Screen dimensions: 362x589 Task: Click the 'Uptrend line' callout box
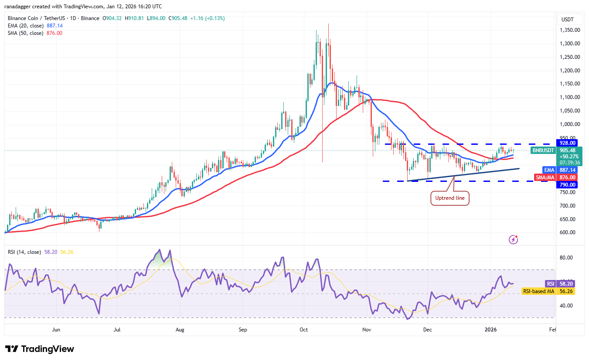point(450,198)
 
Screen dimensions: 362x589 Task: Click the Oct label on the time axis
point(304,330)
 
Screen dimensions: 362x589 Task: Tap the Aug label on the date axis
point(180,330)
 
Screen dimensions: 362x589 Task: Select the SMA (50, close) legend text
point(26,33)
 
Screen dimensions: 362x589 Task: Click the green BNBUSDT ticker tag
point(543,150)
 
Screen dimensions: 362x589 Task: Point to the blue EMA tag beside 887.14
point(548,170)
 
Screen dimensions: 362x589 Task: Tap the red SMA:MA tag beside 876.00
point(545,177)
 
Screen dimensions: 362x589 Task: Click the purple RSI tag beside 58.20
point(550,283)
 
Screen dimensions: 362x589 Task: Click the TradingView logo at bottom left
point(40,349)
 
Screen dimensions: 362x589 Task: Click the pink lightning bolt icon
point(514,239)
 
